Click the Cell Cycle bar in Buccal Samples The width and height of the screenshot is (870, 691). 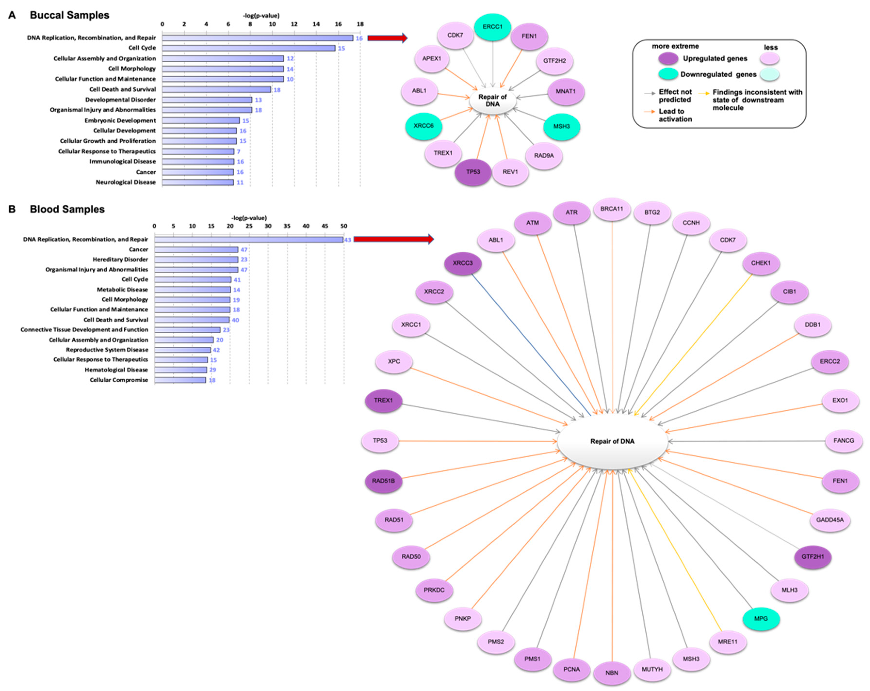pos(248,48)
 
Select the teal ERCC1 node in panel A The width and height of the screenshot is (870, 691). pos(492,27)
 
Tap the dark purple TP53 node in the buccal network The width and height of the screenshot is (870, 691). pos(473,172)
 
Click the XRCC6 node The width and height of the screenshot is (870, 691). pos(423,126)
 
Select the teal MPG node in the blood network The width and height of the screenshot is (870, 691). pos(761,619)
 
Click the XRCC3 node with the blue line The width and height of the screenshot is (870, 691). pos(463,263)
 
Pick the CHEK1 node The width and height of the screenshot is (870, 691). pos(761,263)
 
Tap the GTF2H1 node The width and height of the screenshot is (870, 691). pos(812,557)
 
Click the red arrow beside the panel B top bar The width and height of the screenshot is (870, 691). pos(393,239)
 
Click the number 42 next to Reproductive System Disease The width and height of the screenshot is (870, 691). pos(216,350)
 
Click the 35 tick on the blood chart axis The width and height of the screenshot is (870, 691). pos(287,226)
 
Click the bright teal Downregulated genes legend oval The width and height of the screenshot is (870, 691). pos(668,74)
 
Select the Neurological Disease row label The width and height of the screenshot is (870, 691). pos(125,182)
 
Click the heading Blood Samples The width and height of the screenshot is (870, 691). pos(67,209)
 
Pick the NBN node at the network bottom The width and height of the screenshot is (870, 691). pos(612,673)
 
